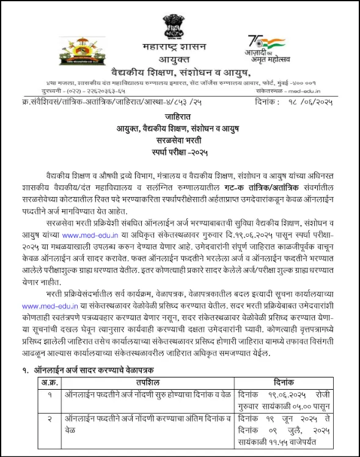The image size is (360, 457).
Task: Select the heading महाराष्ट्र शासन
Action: pos(180,46)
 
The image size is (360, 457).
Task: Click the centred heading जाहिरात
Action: pos(180,116)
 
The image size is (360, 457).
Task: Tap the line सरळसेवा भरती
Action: pos(180,139)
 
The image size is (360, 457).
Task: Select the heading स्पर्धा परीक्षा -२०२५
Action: pos(180,152)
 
